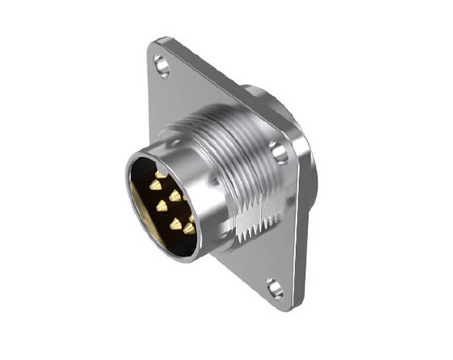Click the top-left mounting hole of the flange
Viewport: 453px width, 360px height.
[x=161, y=63]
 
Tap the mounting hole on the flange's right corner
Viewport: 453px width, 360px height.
[x=280, y=152]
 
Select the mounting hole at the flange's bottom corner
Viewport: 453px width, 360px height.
[x=274, y=287]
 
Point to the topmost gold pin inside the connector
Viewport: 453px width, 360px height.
[x=159, y=174]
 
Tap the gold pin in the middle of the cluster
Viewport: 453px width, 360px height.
[x=162, y=205]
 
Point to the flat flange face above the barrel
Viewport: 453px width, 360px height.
[x=204, y=91]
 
